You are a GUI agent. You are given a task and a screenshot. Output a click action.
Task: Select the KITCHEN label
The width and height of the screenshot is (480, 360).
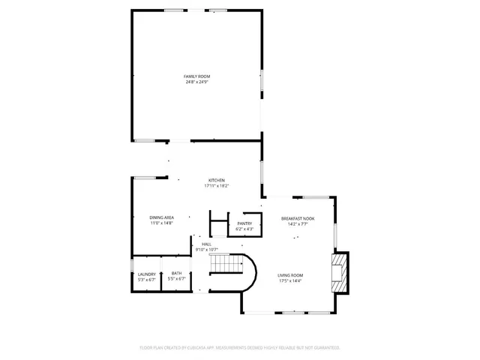[x=216, y=181]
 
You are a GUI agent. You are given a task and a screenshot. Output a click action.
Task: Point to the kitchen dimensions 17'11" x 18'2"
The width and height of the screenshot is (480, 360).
[x=216, y=186]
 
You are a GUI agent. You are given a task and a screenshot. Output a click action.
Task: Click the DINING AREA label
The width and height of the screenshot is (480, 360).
[x=161, y=217]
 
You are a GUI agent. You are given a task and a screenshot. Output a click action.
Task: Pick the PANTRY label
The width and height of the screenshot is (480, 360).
[x=244, y=223]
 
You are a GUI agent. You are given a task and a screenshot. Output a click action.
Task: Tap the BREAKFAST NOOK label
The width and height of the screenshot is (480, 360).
[x=298, y=218]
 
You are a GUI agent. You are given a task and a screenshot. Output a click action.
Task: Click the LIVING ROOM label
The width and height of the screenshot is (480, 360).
[x=289, y=275]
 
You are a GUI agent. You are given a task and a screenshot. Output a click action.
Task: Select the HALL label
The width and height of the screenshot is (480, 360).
[x=205, y=244]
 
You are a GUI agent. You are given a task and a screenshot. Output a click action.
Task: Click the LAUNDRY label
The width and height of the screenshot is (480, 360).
[x=146, y=274]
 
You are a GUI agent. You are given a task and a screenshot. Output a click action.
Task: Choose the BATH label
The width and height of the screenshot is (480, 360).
[x=176, y=274]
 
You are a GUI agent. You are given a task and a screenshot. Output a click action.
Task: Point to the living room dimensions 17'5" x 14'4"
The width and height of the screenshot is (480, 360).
[x=289, y=280]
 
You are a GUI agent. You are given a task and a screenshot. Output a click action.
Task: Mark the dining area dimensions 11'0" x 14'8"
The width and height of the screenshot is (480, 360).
[x=161, y=223]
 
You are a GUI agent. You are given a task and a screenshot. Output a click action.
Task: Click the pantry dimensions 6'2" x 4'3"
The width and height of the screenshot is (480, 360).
[x=244, y=228]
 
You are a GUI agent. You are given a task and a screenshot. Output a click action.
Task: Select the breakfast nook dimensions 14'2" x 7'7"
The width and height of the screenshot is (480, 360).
[x=298, y=223]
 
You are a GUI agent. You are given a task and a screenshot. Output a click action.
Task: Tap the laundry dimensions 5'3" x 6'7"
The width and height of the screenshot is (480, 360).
[x=146, y=279]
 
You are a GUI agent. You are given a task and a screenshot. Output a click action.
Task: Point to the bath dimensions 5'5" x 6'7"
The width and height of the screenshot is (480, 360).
[x=176, y=279]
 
